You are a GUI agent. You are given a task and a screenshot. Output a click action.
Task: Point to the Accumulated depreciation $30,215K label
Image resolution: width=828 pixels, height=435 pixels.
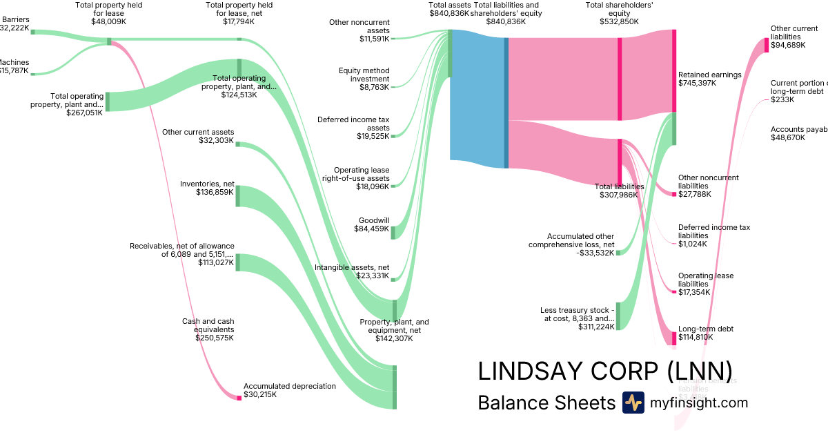(x=289, y=391)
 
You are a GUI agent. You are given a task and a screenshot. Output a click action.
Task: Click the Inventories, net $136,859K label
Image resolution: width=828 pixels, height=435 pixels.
(x=207, y=188)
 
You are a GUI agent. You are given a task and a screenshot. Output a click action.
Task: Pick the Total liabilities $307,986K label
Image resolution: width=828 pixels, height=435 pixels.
(x=619, y=191)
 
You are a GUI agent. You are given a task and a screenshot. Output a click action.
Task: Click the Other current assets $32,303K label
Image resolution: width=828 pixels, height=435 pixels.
(x=198, y=137)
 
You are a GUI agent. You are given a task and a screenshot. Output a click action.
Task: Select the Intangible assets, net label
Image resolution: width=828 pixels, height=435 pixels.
(x=352, y=271)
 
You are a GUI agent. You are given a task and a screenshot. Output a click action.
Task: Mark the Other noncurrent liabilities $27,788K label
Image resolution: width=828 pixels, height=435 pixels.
(x=708, y=186)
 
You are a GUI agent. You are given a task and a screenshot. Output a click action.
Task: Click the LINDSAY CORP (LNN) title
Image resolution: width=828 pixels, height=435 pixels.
(x=604, y=371)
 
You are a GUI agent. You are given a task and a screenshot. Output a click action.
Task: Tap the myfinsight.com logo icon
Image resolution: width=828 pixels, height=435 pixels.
(x=633, y=403)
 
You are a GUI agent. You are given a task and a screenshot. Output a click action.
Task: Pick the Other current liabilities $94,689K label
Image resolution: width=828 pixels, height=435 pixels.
(x=794, y=37)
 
